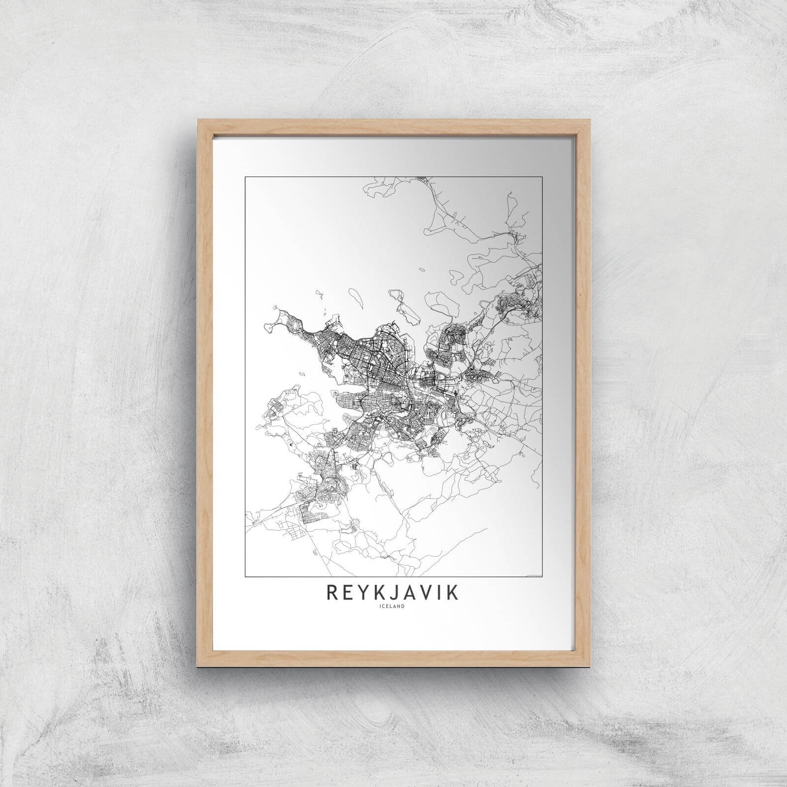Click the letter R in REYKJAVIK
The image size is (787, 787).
tap(332, 593)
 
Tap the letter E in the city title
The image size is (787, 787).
tap(348, 593)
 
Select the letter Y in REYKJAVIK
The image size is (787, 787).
tap(364, 593)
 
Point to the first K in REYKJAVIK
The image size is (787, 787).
tap(381, 593)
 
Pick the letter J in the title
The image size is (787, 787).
tap(395, 593)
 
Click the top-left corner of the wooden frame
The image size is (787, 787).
tap(197, 118)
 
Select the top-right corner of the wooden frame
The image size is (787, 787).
tap(590, 118)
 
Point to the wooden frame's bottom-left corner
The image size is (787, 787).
tap(197, 661)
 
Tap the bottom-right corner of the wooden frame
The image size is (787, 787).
tap(590, 661)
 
